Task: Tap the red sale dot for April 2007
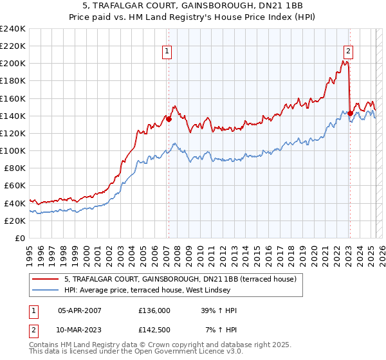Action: coord(169,119)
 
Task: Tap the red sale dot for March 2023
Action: coord(350,113)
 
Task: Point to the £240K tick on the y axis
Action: coord(13,29)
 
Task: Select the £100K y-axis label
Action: coord(13,150)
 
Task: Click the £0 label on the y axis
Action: coord(19,238)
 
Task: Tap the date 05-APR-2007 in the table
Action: coord(80,310)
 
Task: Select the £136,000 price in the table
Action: coord(154,310)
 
